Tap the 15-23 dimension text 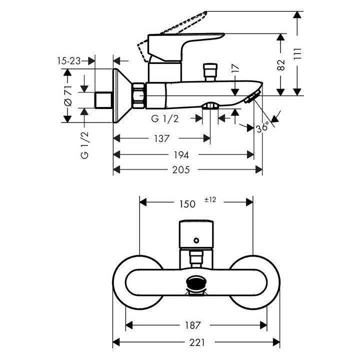[69, 60]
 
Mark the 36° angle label [262, 127]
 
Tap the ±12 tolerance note [210, 200]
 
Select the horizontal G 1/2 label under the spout [166, 118]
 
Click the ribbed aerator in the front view [195, 283]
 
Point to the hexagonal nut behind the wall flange [138, 94]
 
